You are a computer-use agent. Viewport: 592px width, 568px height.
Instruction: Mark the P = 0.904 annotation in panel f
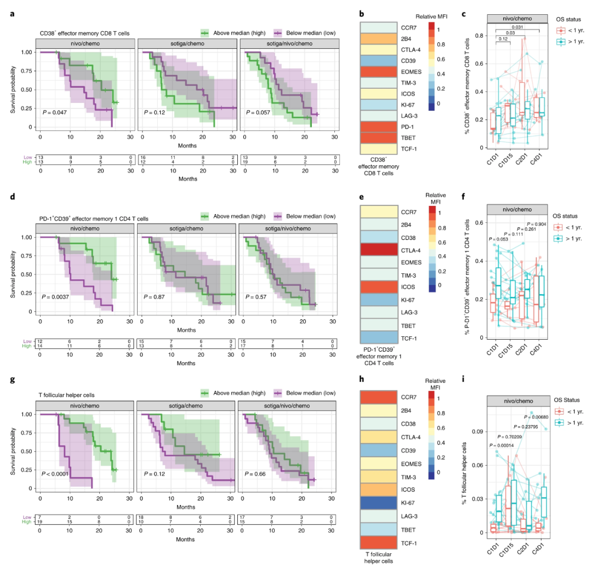537,224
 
